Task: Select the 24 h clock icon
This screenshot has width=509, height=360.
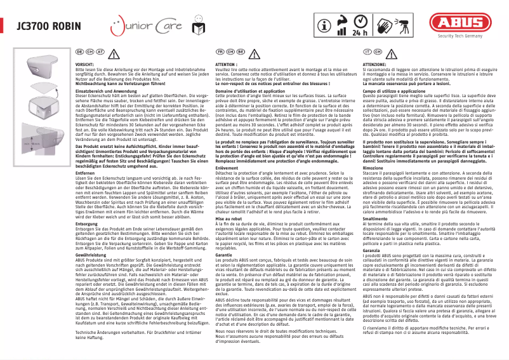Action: [357, 27]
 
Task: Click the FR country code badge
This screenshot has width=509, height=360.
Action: [221, 51]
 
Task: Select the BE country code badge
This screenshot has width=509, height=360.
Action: [241, 51]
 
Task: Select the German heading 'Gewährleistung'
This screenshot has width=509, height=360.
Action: [89, 236]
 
